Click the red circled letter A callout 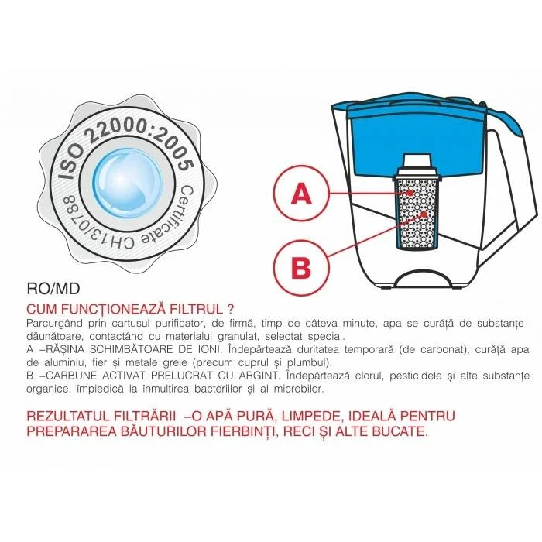point(301,194)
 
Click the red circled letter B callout point(301,267)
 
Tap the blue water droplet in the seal point(127,184)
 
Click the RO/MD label point(53,289)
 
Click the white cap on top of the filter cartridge point(417,165)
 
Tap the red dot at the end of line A point(410,194)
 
